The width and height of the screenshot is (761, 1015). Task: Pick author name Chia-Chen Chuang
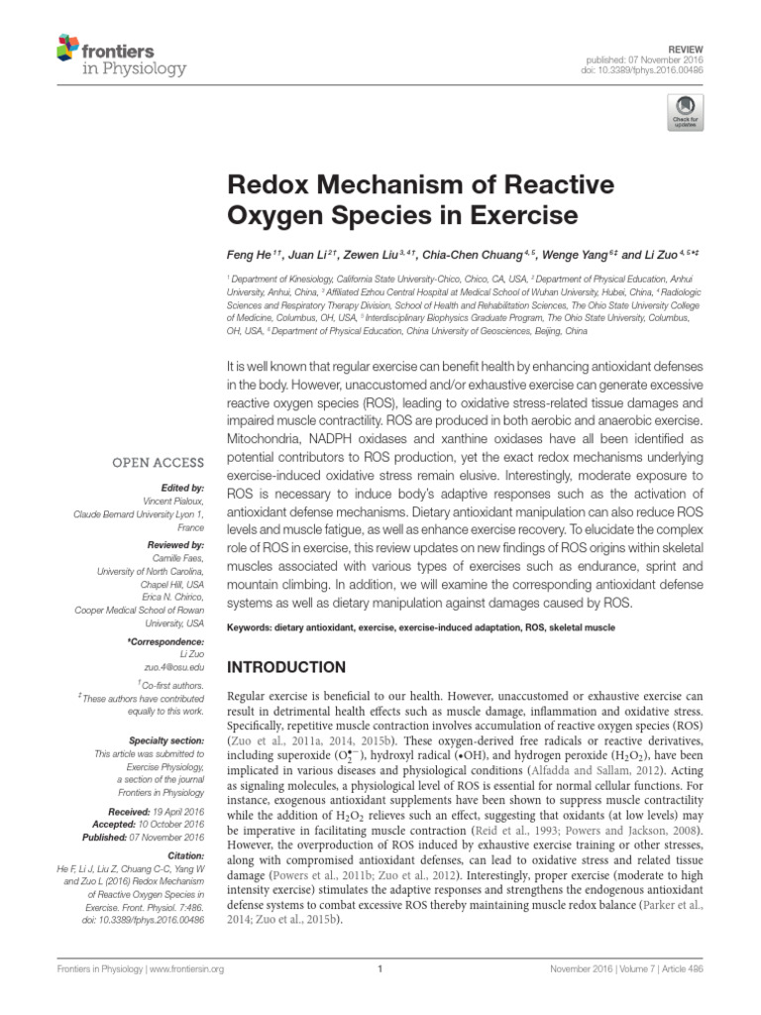coord(466,254)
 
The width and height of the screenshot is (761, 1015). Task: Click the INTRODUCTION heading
coord(286,667)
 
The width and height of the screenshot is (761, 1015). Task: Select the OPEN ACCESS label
coord(159,462)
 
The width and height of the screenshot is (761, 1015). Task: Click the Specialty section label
coord(166,740)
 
